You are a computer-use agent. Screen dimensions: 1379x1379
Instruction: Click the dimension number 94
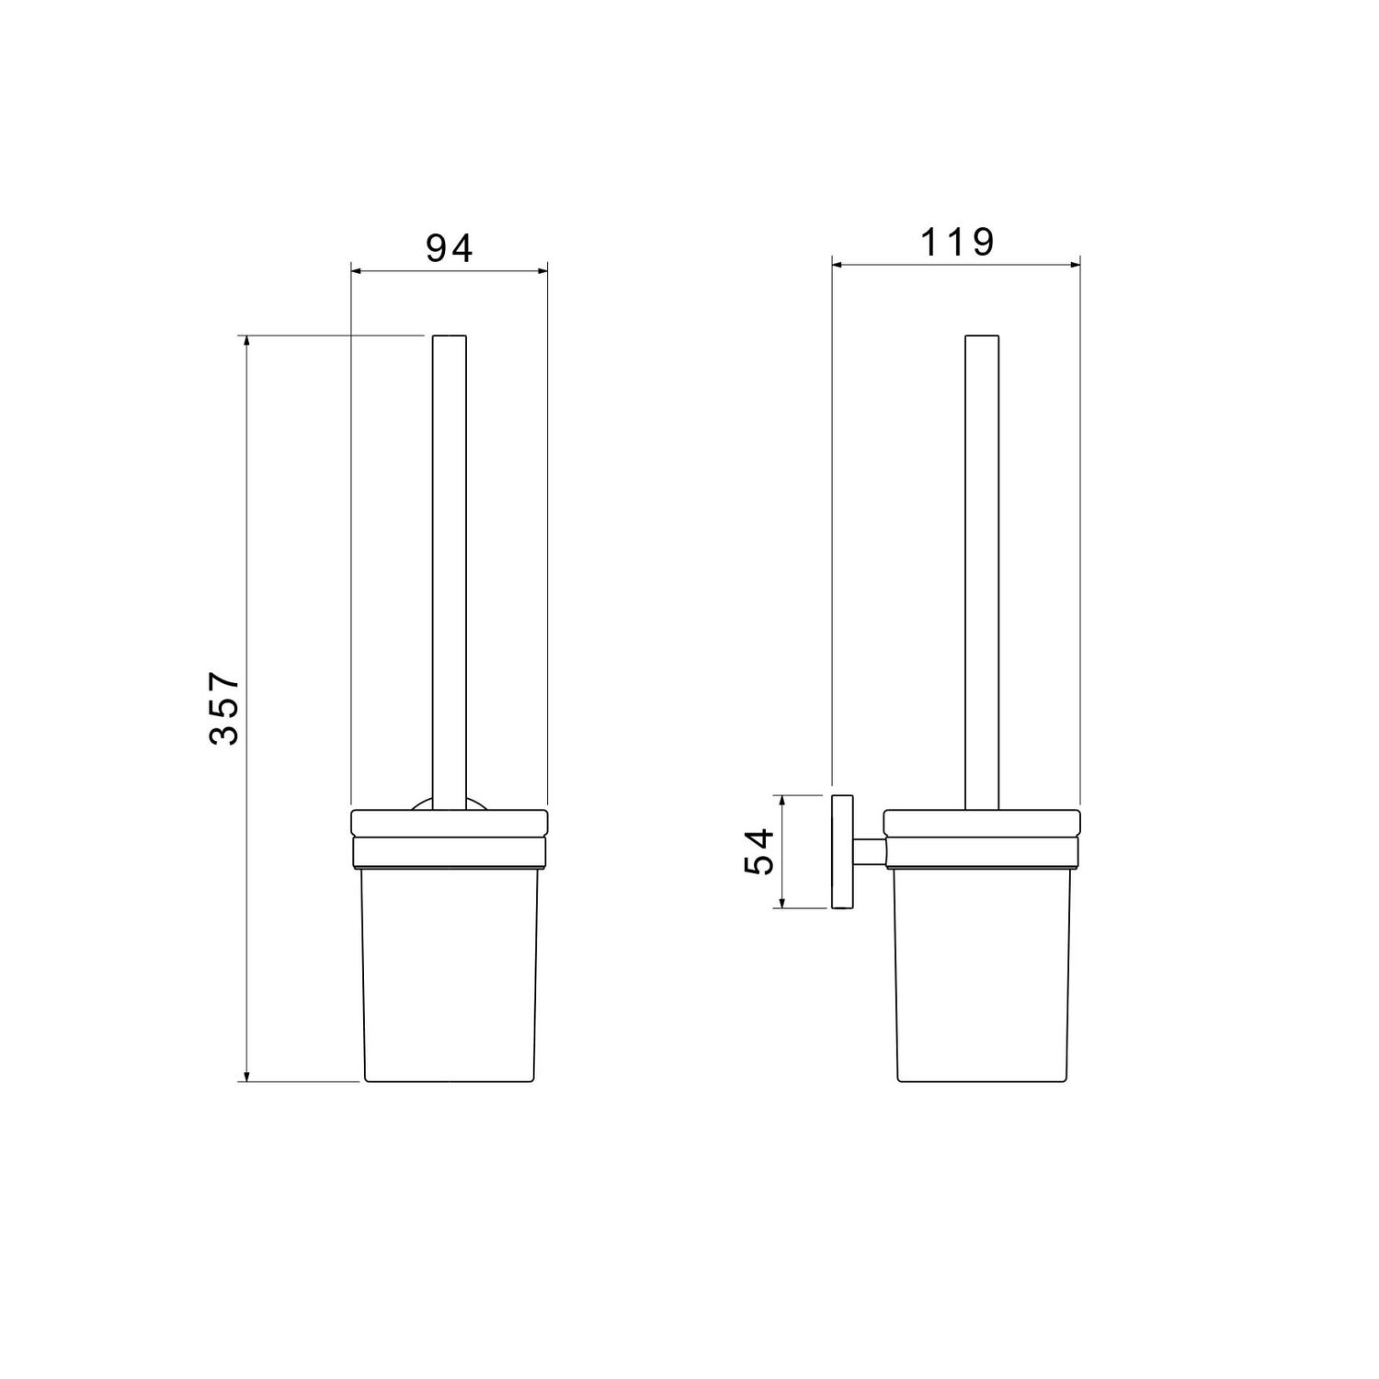click(x=450, y=247)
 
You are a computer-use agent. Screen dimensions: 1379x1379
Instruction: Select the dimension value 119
click(x=958, y=242)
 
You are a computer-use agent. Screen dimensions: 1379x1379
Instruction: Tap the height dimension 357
click(x=223, y=708)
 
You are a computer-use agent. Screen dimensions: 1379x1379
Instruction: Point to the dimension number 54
click(x=760, y=851)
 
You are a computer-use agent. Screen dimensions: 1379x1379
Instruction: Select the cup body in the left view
click(x=450, y=974)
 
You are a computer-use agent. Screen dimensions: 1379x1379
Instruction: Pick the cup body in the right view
click(x=982, y=974)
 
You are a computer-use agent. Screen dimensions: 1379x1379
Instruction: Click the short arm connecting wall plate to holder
click(x=868, y=851)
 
